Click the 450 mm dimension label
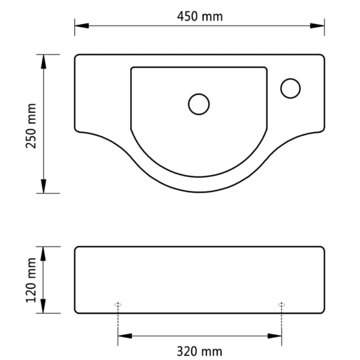coord(200,16)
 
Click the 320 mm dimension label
coord(200,351)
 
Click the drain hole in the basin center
coord(199,104)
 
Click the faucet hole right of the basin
coord(290,88)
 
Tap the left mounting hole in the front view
coord(118,305)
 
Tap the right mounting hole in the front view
coord(281,305)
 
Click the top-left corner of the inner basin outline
coord(132,68)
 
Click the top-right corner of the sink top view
coord(323,56)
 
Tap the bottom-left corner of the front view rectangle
coord(76,312)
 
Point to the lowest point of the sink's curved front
coord(200,192)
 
